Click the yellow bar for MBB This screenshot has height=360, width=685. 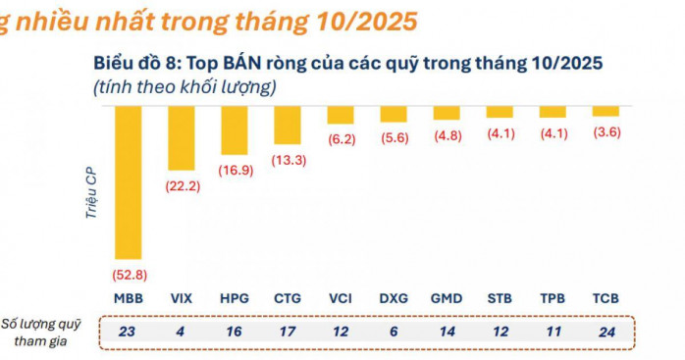click(x=128, y=182)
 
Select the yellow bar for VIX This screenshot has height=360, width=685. click(x=182, y=138)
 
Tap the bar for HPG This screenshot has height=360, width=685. click(x=235, y=130)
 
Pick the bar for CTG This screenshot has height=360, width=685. click(x=288, y=125)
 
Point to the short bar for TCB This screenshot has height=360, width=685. click(x=606, y=111)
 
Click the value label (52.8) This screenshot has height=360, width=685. click(x=130, y=275)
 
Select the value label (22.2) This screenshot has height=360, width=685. click(x=183, y=186)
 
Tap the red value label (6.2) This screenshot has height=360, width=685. click(x=342, y=139)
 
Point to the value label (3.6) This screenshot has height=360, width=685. click(x=606, y=132)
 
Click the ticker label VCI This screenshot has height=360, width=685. click(x=341, y=298)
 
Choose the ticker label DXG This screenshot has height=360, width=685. click(x=394, y=298)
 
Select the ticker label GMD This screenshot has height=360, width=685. click(x=447, y=298)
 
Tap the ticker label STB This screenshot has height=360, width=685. click(x=500, y=298)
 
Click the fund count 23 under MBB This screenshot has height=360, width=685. click(x=127, y=332)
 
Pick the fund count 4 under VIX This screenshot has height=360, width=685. click(x=180, y=332)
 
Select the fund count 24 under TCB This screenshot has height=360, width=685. click(x=606, y=332)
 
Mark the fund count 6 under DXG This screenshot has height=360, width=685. click(x=394, y=332)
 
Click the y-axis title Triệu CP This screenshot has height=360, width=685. click(x=91, y=193)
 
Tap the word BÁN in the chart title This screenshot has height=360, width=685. click(x=242, y=64)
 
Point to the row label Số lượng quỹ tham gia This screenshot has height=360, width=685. click(x=41, y=333)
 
